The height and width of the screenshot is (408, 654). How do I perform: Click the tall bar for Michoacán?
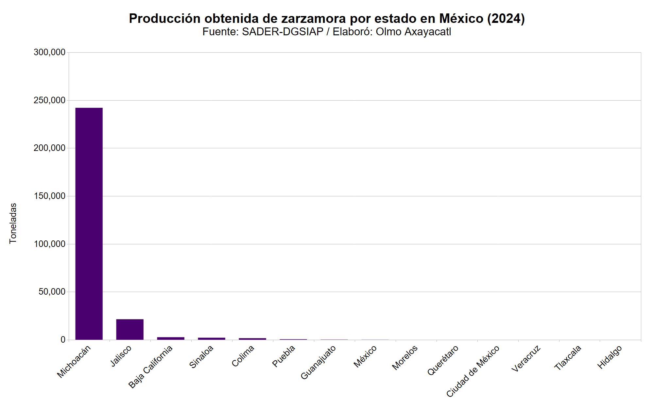pos(89,223)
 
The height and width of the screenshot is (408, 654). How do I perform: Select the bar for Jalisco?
pos(130,329)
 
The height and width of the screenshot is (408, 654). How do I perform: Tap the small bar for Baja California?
pos(171,338)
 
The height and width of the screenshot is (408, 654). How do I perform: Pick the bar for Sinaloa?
pos(212,338)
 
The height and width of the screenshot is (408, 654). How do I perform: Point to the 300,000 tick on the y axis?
pos(49,52)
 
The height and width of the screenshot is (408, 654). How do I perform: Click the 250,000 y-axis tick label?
pos(49,100)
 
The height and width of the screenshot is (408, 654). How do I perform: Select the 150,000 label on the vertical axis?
pos(49,196)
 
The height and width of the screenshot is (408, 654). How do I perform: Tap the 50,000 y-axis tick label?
pos(52,292)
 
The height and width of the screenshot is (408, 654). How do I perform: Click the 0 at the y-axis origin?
pos(63,340)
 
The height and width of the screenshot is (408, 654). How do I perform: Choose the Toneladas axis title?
pos(13,223)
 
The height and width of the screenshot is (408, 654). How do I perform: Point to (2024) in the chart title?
pos(506,19)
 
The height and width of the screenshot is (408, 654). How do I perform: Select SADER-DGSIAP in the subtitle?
pos(283,32)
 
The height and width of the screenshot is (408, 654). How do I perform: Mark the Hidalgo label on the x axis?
pos(610,357)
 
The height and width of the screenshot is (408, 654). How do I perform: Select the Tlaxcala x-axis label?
pos(568,358)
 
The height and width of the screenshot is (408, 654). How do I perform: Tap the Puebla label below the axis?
pos(284,356)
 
